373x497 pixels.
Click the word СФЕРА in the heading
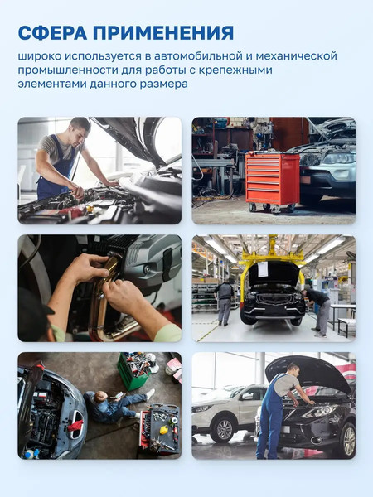point(53,32)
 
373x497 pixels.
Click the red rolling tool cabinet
point(272,179)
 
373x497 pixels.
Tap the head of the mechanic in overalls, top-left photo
point(79,127)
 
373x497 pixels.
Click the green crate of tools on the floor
point(132,371)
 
